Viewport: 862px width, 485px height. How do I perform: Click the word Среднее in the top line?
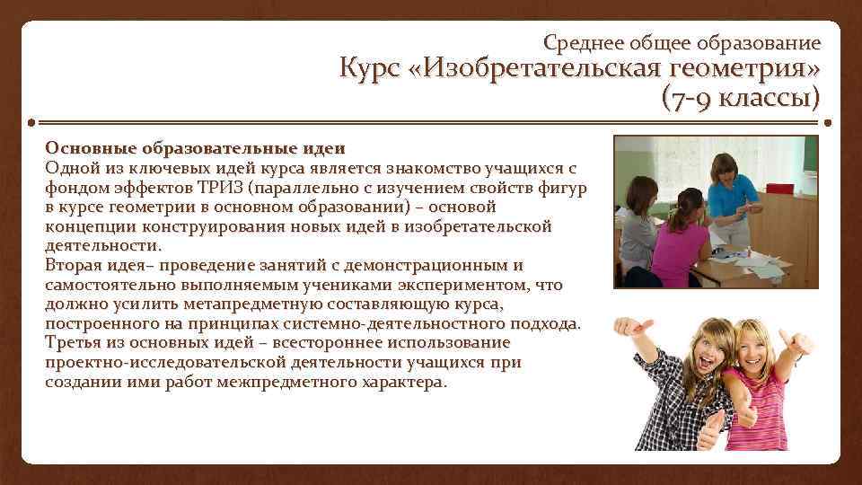[x=581, y=42]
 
